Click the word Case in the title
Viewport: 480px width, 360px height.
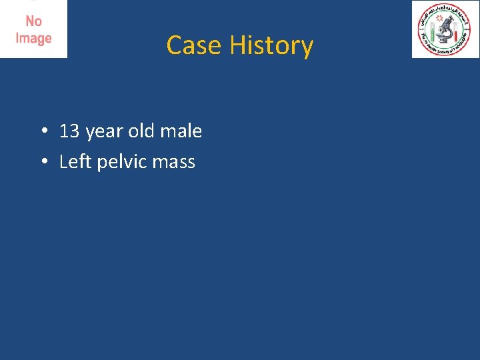(195, 45)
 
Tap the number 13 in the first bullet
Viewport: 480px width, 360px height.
(69, 131)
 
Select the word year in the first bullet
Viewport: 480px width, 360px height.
(104, 132)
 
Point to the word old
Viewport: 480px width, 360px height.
(141, 131)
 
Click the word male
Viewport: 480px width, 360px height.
(180, 131)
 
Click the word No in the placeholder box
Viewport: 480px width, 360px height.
(33, 22)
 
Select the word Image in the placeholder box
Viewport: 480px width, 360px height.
(33, 38)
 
